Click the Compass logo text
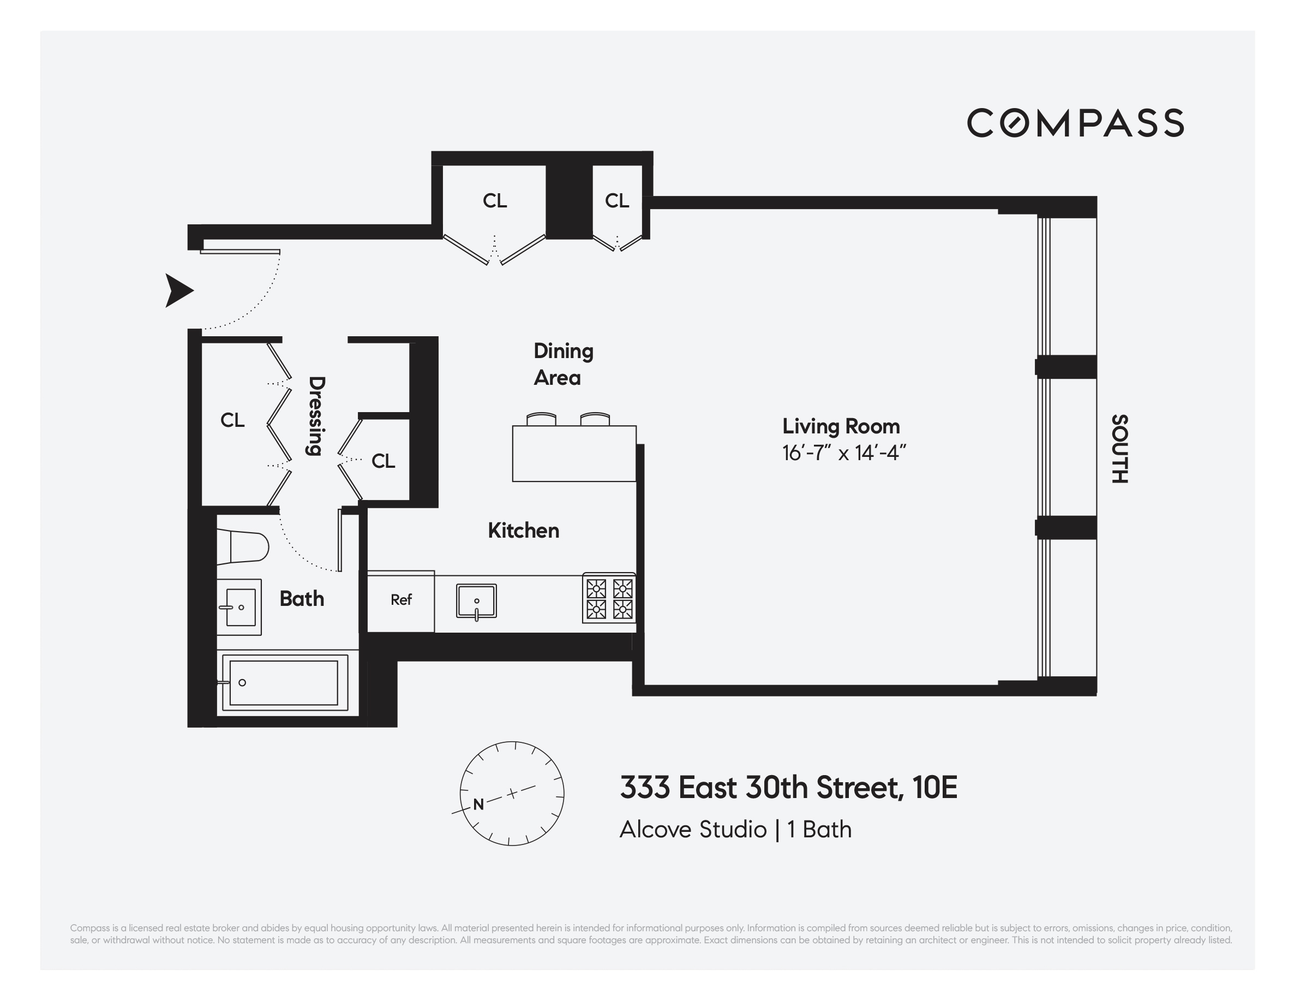(x=1075, y=123)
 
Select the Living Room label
(x=841, y=426)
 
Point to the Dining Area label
(x=562, y=364)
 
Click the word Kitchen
(x=523, y=531)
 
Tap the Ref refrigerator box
(x=401, y=600)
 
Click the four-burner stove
(x=609, y=598)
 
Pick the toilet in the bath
(x=243, y=546)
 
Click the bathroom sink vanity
(x=239, y=607)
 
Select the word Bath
(x=302, y=599)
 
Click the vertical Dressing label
(x=316, y=416)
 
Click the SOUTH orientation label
(x=1119, y=449)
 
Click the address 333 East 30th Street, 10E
(x=788, y=787)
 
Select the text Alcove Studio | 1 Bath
(x=735, y=829)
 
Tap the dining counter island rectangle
(x=573, y=454)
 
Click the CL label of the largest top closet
(x=495, y=201)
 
